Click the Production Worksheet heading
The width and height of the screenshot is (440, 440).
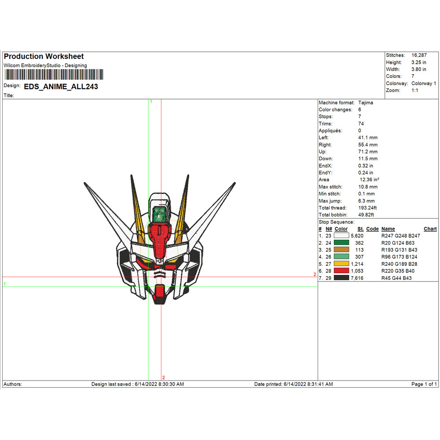click(44, 56)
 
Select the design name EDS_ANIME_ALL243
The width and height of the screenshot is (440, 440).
click(61, 87)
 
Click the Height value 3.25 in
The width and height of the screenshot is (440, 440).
click(419, 62)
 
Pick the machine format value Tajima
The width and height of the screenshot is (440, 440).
click(365, 103)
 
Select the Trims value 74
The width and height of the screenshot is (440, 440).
click(361, 124)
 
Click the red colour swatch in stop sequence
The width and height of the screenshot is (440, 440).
click(341, 271)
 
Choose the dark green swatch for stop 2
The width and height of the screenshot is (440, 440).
click(341, 242)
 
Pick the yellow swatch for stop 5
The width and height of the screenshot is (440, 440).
click(341, 264)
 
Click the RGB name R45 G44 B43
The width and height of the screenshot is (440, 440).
click(396, 278)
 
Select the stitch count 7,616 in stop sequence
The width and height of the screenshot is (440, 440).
click(357, 278)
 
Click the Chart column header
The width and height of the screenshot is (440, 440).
click(430, 229)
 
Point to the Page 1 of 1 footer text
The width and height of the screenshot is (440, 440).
click(424, 384)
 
